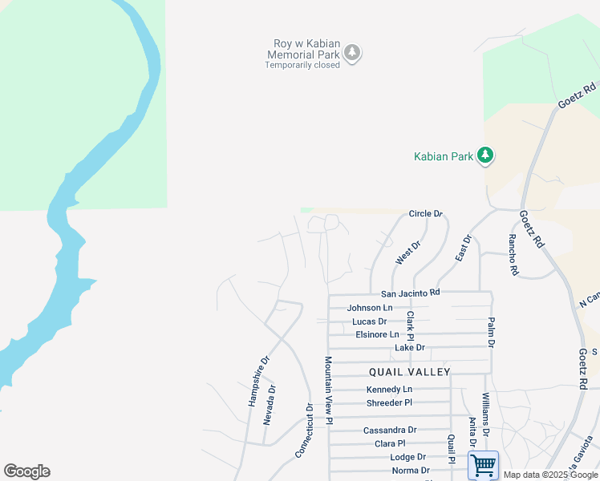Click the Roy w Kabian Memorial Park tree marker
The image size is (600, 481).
click(x=352, y=53)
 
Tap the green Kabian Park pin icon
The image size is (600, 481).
click(x=484, y=156)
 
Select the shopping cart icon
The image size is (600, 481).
click(x=483, y=465)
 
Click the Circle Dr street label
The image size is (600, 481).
click(x=425, y=214)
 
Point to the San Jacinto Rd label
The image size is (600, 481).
click(x=411, y=293)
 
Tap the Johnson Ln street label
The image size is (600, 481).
click(x=370, y=308)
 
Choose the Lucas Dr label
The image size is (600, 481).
click(x=369, y=321)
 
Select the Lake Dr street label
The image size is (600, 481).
click(x=409, y=348)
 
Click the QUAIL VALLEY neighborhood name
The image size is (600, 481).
click(x=409, y=372)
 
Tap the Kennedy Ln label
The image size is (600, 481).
click(x=388, y=390)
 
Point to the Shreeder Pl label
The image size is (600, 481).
click(x=388, y=402)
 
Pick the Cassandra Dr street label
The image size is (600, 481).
click(x=390, y=430)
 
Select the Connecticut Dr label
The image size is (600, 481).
click(x=304, y=430)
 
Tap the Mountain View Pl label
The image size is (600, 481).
click(x=329, y=391)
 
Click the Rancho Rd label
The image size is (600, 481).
click(x=512, y=255)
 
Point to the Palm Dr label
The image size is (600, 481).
click(x=490, y=332)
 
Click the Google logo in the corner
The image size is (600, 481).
click(x=26, y=471)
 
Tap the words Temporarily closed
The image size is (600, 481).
click(x=302, y=65)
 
